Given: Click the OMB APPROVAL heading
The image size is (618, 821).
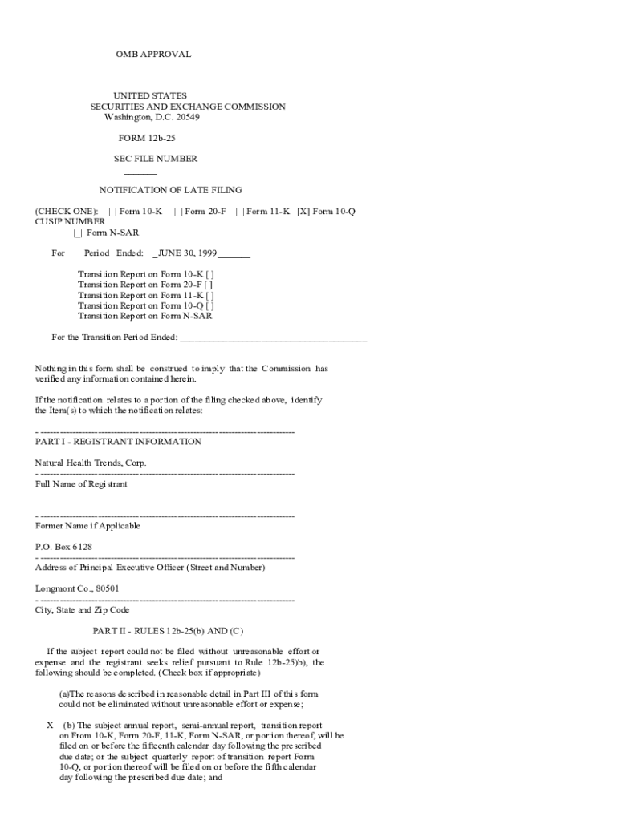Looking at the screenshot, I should pyautogui.click(x=153, y=55).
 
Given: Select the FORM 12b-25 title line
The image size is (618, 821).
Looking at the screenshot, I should pyautogui.click(x=147, y=138).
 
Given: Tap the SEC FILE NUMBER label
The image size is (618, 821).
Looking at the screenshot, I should pyautogui.click(x=156, y=159).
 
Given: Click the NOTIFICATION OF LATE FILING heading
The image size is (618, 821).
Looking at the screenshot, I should pyautogui.click(x=170, y=191).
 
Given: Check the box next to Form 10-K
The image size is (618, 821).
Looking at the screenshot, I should pyautogui.click(x=112, y=212).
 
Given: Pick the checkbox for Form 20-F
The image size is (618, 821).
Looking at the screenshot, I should pyautogui.click(x=177, y=212).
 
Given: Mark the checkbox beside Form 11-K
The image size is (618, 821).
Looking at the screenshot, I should pyautogui.click(x=239, y=212).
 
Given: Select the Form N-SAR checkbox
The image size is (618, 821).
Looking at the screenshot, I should pyautogui.click(x=78, y=233).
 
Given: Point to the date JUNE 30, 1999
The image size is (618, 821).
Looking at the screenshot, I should pyautogui.click(x=188, y=253).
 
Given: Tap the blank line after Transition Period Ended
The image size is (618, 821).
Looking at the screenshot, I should pyautogui.click(x=273, y=338).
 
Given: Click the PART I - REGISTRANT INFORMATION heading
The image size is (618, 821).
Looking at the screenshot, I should pyautogui.click(x=118, y=442).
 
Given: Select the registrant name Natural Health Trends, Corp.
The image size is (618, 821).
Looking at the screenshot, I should pyautogui.click(x=91, y=463).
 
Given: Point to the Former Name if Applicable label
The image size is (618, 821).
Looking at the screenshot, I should pyautogui.click(x=88, y=526).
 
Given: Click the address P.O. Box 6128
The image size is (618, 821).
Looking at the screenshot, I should pyautogui.click(x=63, y=547).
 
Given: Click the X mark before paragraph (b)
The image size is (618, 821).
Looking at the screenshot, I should pyautogui.click(x=50, y=725).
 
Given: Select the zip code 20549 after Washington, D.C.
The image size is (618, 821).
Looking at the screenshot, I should pyautogui.click(x=188, y=117).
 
